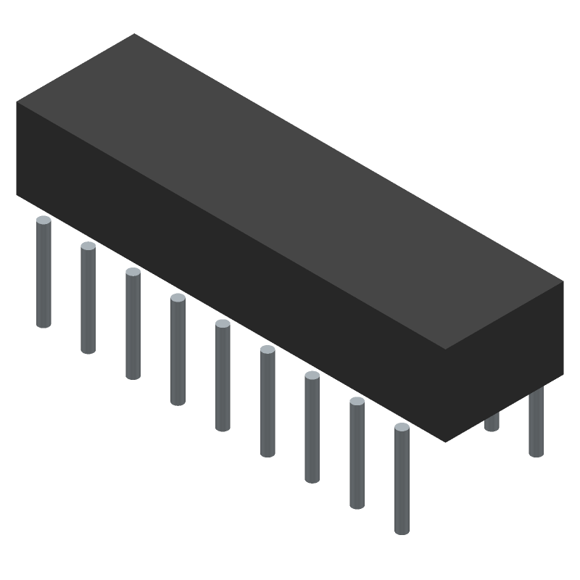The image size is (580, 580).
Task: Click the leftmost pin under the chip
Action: point(43,275)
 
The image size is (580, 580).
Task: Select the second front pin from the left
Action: point(88,301)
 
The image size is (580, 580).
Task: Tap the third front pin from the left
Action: point(133,326)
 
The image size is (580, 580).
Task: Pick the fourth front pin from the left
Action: point(178,352)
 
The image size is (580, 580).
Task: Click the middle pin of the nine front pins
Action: point(223,377)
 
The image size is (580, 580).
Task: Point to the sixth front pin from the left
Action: point(268,404)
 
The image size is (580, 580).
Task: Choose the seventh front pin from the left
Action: point(312,429)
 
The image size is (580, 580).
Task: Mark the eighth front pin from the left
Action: point(357,455)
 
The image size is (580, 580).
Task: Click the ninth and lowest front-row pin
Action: point(402,481)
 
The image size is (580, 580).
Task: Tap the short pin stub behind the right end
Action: point(492,422)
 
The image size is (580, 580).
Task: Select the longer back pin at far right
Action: point(536,424)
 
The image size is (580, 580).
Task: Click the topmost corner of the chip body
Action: point(135,34)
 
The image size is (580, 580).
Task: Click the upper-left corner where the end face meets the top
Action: point(17,102)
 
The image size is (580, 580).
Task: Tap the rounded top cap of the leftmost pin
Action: point(43,220)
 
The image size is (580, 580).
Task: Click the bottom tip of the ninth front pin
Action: point(402,531)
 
